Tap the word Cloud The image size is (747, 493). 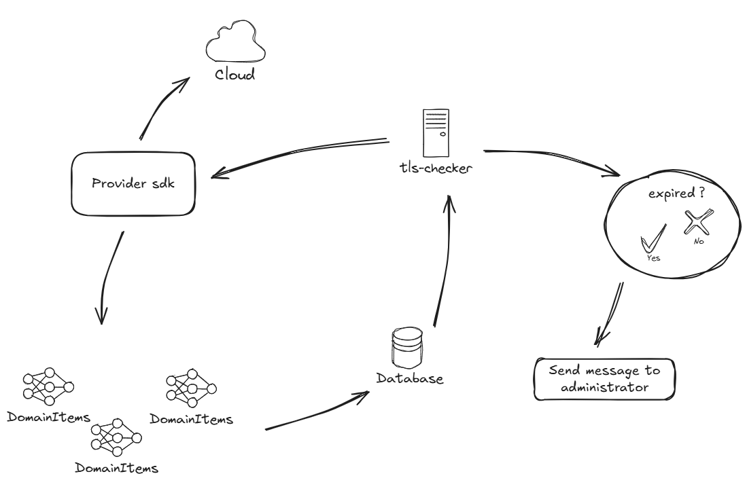point(234,75)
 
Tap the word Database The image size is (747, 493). point(410,378)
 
